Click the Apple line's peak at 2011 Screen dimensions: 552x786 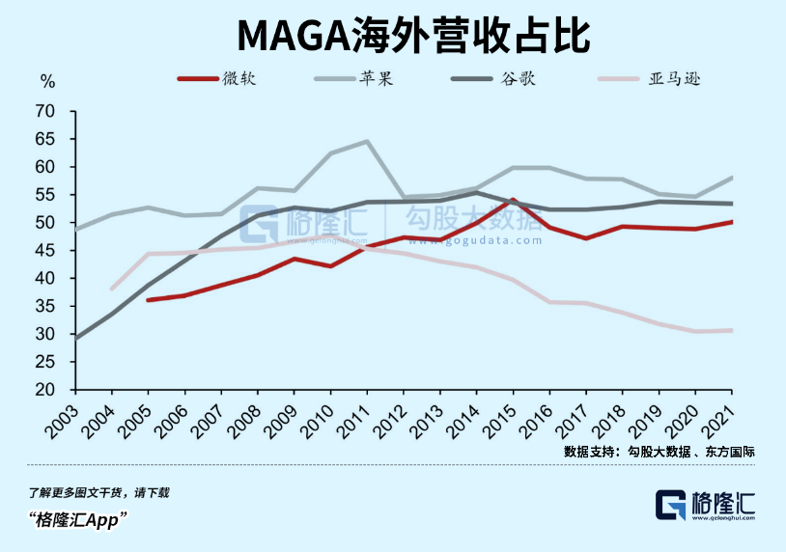pos(367,142)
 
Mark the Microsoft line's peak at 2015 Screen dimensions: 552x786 pos(513,201)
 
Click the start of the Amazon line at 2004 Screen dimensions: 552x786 pos(112,289)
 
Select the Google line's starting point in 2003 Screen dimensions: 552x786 pos(76,338)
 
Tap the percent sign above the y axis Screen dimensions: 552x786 pos(48,81)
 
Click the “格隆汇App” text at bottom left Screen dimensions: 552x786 pos(79,519)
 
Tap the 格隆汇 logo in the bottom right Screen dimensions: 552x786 pos(706,506)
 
